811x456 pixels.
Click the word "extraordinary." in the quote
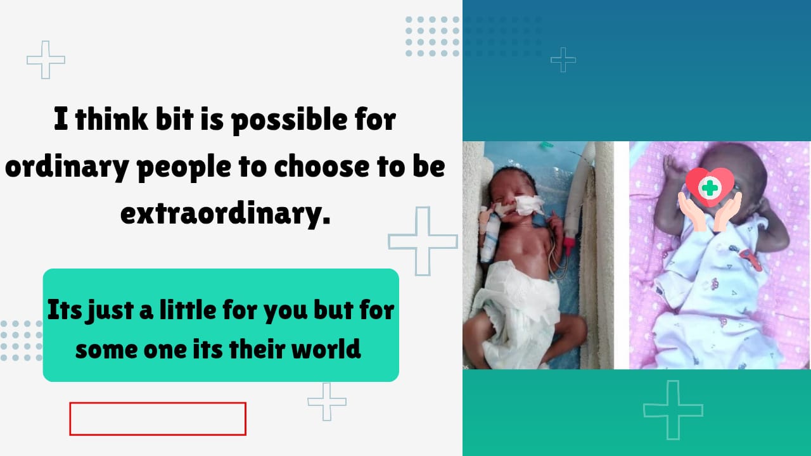tap(225, 215)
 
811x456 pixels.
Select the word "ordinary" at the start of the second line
tap(67, 168)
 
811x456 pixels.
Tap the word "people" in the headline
tap(184, 168)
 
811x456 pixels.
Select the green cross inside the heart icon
tap(710, 188)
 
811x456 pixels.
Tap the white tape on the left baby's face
tap(529, 205)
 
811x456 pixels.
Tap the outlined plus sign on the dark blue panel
tap(563, 60)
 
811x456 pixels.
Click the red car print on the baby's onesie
tap(751, 258)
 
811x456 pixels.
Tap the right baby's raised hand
tap(674, 168)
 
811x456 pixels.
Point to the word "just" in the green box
tap(110, 311)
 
